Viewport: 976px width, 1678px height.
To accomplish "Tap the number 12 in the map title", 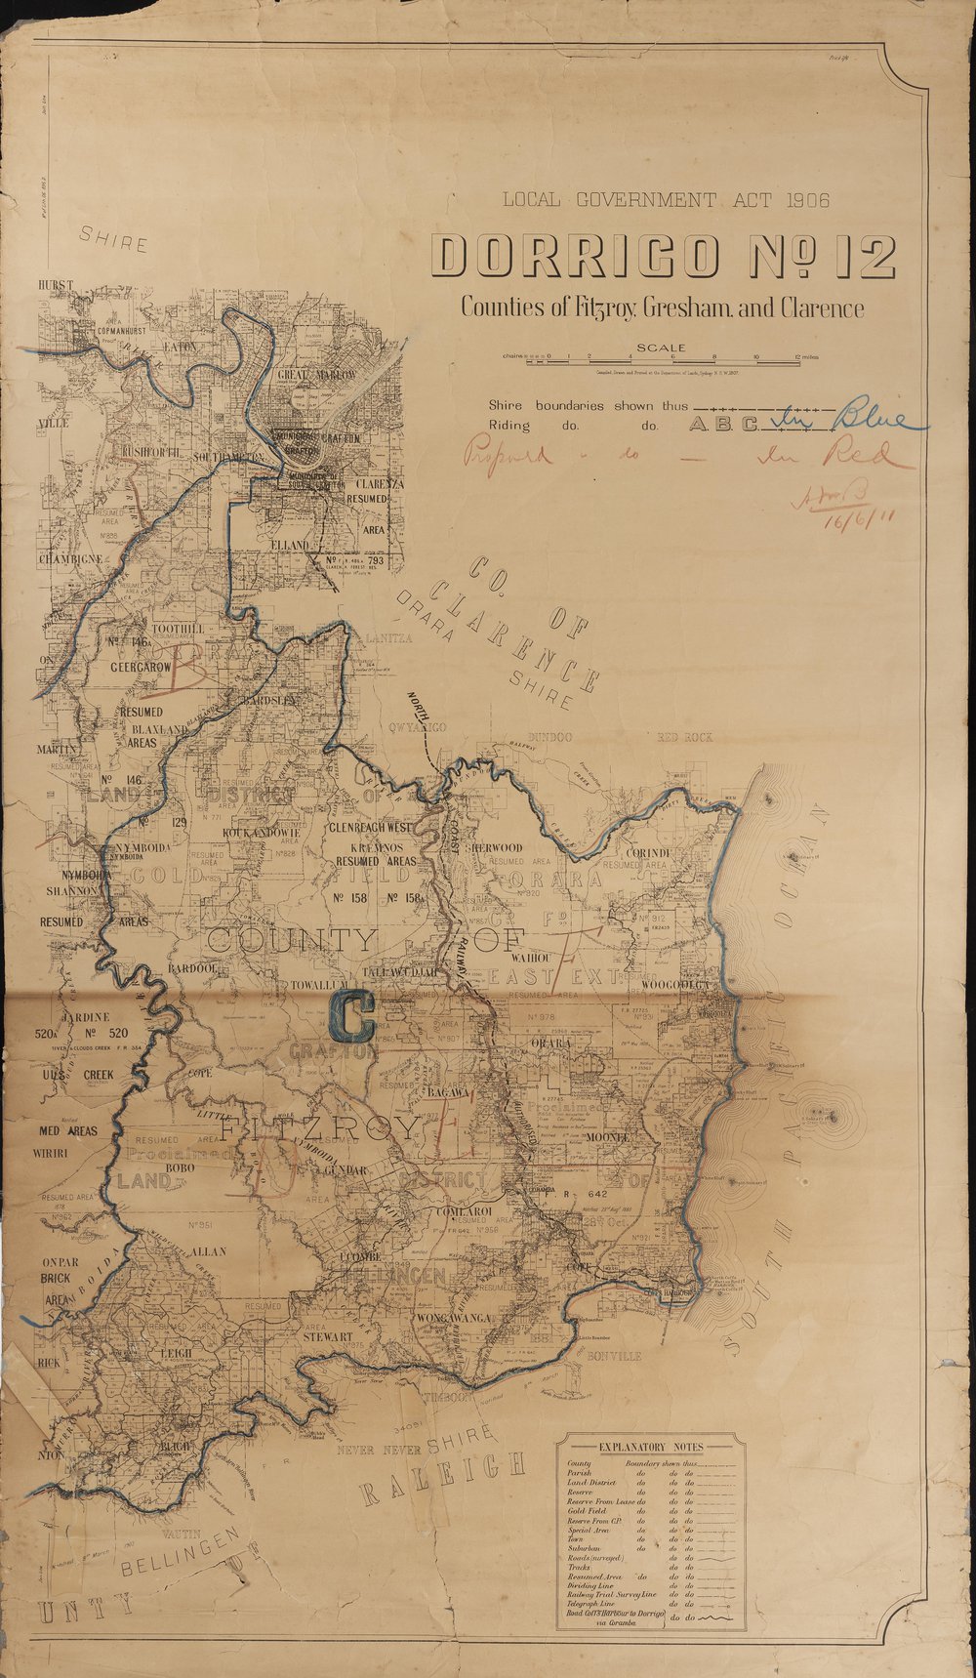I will coord(859,258).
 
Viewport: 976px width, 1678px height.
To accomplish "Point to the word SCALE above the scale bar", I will coord(661,348).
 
